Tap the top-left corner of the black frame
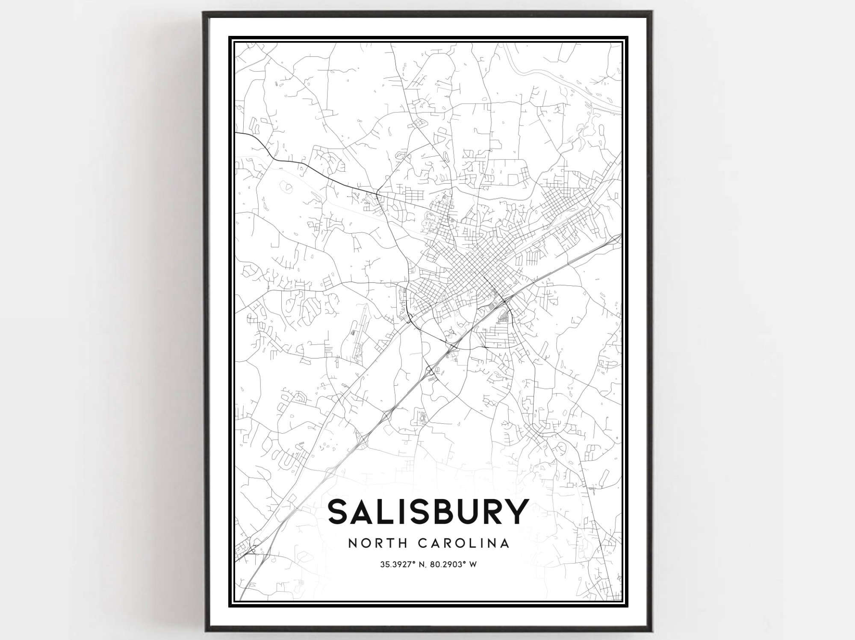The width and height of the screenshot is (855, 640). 204,13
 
